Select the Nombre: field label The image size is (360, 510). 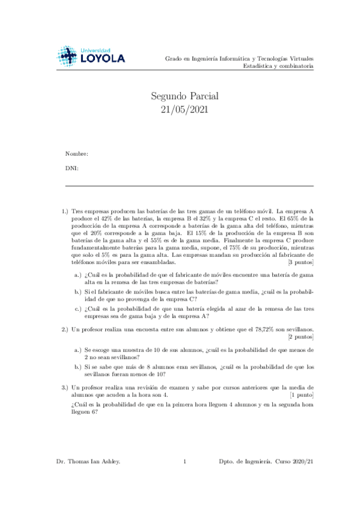coord(76,155)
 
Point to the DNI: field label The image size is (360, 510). coord(72,168)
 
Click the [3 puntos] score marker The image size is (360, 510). coord(301,262)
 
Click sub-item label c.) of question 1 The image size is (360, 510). coord(78,309)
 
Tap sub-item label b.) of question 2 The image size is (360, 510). coord(78,366)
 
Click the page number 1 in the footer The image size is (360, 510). coord(185,478)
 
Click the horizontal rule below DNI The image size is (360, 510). coord(189,186)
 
